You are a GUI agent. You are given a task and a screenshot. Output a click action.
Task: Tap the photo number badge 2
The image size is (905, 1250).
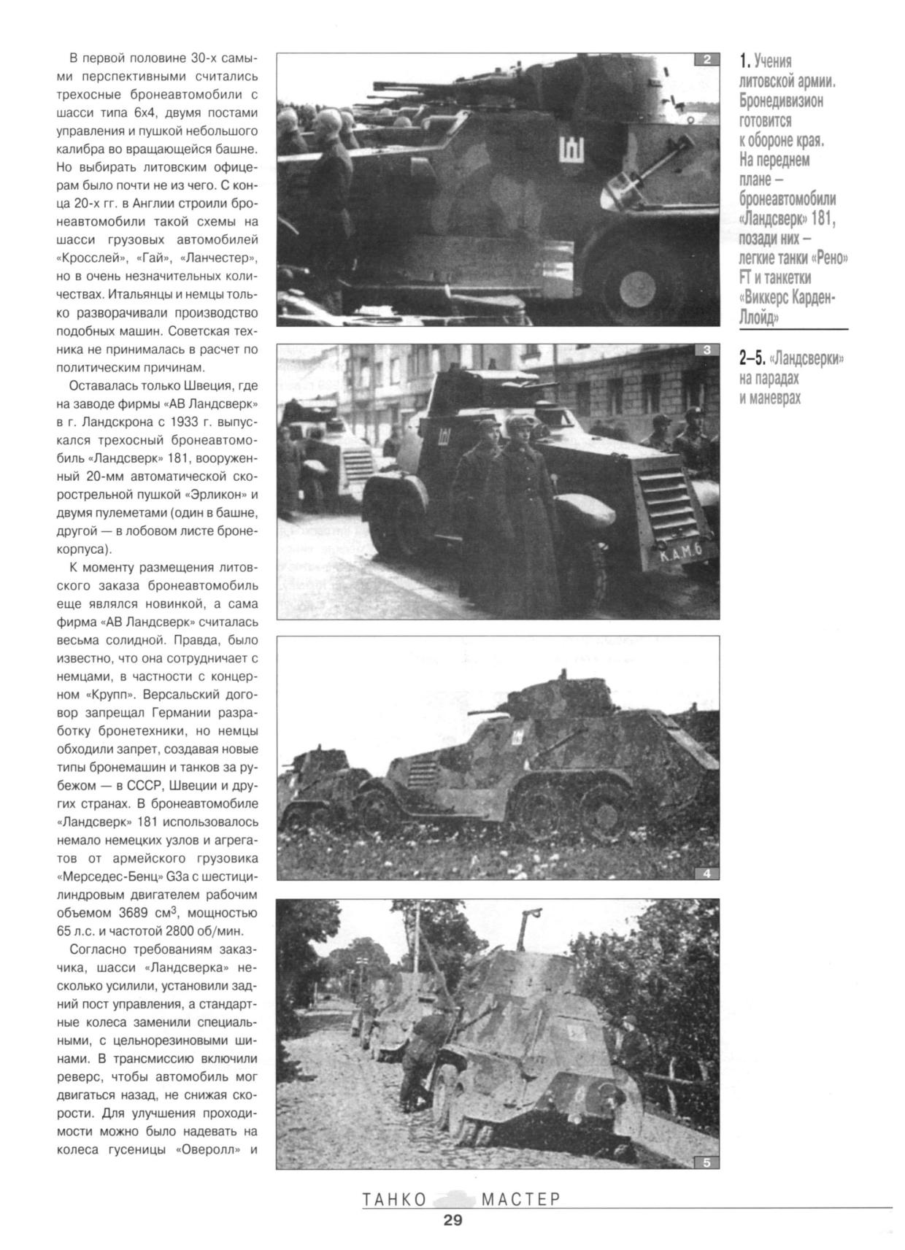click(706, 60)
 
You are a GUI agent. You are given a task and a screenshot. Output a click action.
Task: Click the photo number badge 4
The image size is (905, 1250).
click(706, 873)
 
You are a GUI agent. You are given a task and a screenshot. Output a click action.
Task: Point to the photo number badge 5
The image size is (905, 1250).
click(706, 1162)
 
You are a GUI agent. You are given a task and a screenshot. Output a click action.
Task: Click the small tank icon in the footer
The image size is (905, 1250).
click(454, 1198)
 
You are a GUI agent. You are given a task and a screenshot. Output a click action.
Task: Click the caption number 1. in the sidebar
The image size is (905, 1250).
click(744, 61)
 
